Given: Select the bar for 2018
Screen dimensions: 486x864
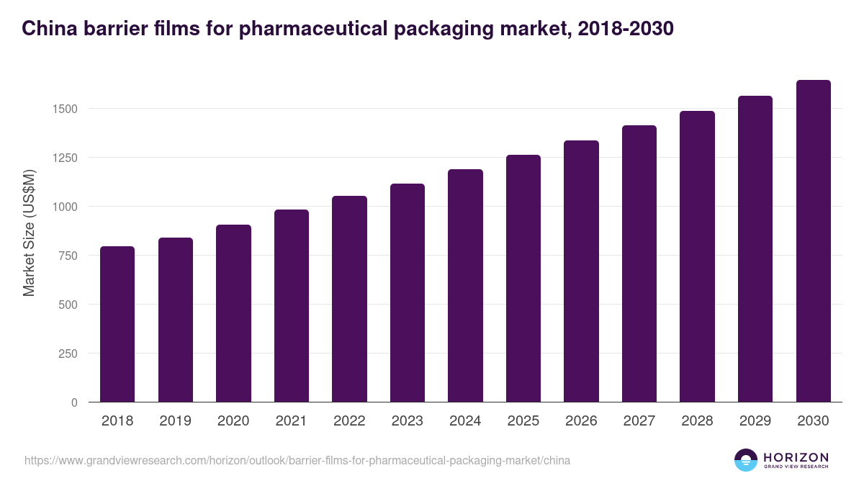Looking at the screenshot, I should click(117, 324).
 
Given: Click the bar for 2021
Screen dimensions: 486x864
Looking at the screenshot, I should click(291, 306).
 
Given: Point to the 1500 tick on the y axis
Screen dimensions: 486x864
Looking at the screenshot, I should click(65, 109).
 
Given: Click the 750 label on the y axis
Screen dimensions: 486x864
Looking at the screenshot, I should click(68, 256).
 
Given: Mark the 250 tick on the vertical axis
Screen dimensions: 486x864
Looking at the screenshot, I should click(68, 354).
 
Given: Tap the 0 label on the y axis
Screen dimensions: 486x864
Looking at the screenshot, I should click(74, 402).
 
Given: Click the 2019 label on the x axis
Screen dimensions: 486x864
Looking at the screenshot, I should click(175, 421).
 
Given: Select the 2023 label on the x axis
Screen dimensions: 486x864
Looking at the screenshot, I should click(407, 421).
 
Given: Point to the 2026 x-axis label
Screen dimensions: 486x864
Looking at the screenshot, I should click(581, 421).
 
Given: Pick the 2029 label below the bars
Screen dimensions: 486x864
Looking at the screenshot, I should click(755, 421).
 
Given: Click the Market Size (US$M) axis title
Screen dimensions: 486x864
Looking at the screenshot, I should click(29, 232).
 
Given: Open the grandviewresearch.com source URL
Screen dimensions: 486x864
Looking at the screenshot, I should click(297, 460).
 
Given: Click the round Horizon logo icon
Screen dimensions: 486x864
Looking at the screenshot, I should click(746, 460).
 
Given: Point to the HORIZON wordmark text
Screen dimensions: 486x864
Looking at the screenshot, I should click(796, 457).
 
